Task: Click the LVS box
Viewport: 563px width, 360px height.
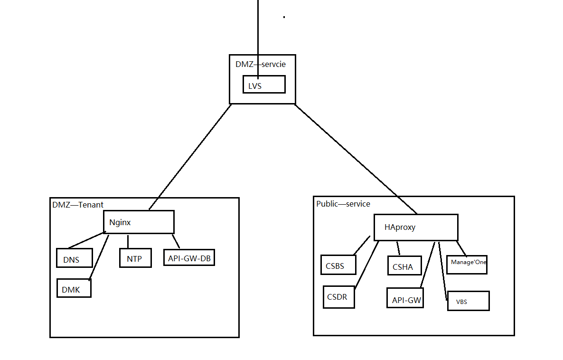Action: pos(264,85)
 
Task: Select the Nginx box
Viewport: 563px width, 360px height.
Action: pos(139,222)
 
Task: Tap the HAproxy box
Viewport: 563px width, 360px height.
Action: pos(416,227)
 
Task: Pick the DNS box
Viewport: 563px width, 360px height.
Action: pos(74,258)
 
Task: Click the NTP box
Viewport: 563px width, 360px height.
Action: pos(135,258)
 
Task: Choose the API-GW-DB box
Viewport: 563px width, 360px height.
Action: pos(189,257)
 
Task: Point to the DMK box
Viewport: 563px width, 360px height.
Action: pos(74,288)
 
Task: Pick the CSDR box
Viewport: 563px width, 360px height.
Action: pos(338,297)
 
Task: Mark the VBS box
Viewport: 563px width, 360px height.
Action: pos(468,301)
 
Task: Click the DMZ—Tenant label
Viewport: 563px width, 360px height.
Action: pos(78,205)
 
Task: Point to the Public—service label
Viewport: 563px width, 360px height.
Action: pos(343,204)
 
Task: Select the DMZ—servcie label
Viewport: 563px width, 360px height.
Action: pos(261,64)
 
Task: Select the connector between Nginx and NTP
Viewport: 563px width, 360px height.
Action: pos(128,241)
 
